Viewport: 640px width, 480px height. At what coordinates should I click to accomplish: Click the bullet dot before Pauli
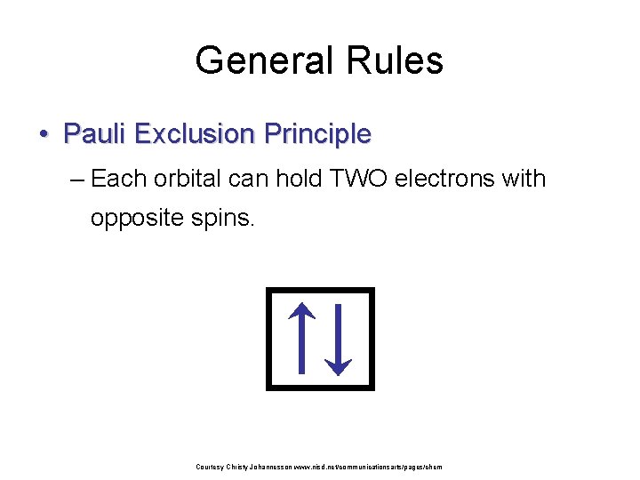pyautogui.click(x=43, y=134)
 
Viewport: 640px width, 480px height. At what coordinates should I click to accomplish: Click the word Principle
pyautogui.click(x=316, y=134)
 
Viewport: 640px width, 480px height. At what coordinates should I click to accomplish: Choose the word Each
pyautogui.click(x=119, y=179)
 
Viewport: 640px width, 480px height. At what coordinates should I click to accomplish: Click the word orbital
pyautogui.click(x=188, y=179)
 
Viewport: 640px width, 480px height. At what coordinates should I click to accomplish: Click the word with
pyautogui.click(x=524, y=179)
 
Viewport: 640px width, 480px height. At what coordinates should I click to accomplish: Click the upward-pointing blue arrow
pyautogui.click(x=302, y=338)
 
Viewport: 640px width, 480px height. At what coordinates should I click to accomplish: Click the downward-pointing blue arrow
pyautogui.click(x=339, y=339)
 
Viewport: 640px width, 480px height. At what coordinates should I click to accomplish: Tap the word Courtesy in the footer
pyautogui.click(x=210, y=467)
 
